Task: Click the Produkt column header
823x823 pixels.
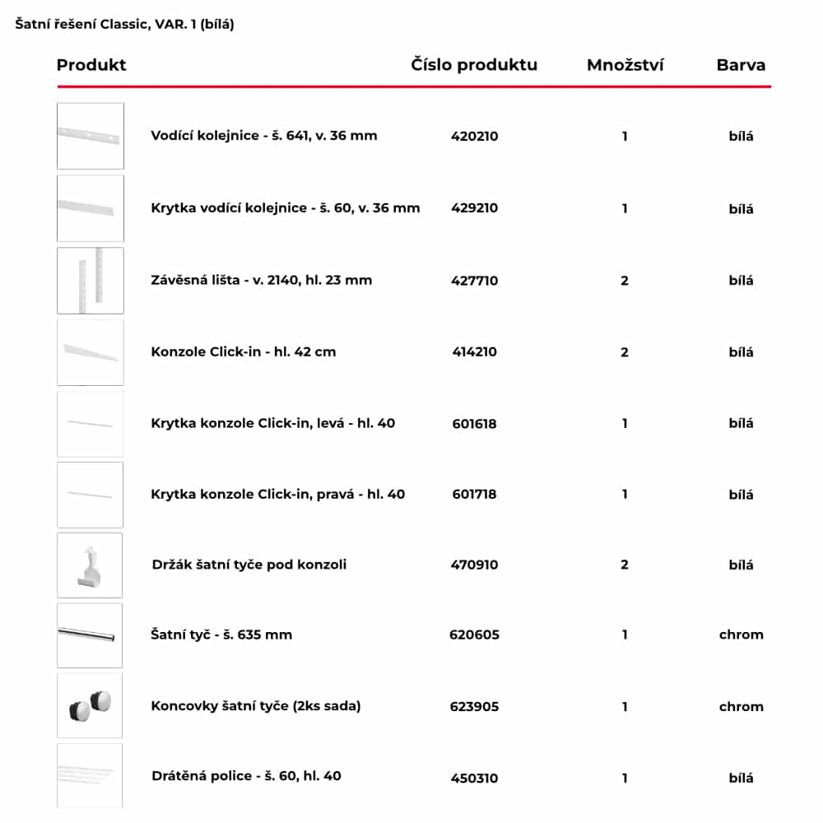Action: [91, 65]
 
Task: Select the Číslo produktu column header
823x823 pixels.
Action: [474, 65]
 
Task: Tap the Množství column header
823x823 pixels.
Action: [625, 65]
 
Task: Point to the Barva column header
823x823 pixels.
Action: [741, 65]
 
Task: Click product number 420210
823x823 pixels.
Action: [474, 137]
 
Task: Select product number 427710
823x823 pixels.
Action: [474, 281]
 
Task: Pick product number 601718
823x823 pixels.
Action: [474, 495]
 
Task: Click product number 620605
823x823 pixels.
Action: [474, 635]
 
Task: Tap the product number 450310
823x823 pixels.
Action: [474, 778]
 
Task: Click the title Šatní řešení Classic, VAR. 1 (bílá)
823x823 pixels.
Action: [125, 25]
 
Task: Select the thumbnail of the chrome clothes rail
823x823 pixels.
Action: [90, 635]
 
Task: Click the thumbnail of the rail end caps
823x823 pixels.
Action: [90, 705]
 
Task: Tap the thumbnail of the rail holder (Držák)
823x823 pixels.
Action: [90, 565]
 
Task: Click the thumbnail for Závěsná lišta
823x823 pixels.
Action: [90, 281]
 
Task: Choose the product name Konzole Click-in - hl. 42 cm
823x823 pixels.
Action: [244, 352]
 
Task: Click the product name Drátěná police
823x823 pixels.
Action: [246, 776]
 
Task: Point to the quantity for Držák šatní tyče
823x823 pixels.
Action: [625, 565]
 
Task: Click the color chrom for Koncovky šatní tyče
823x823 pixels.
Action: [741, 706]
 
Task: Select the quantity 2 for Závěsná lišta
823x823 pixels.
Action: [625, 281]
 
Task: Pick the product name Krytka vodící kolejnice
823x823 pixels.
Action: [285, 208]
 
